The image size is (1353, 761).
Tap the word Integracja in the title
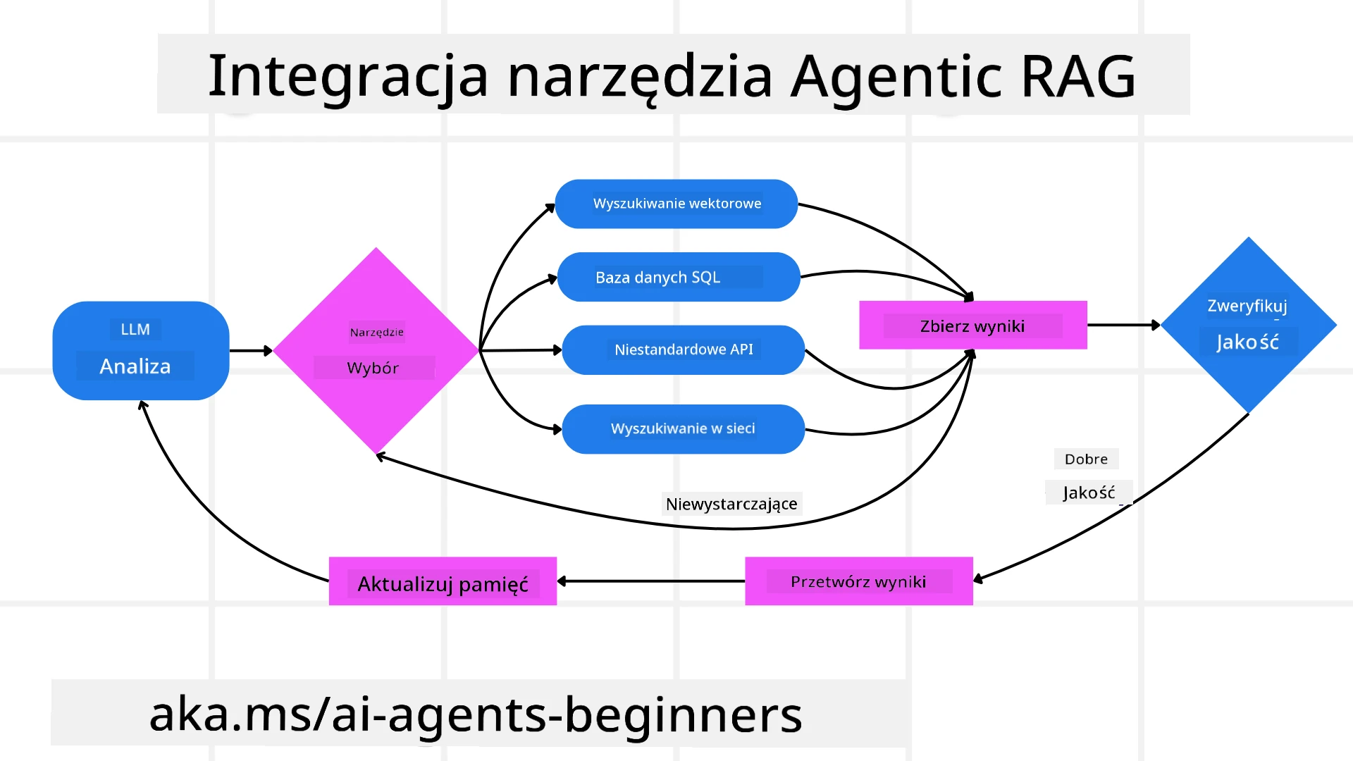click(348, 76)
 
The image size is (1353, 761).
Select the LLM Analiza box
click(141, 350)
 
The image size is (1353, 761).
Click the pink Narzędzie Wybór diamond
click(376, 350)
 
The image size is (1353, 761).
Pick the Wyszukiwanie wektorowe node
click(676, 204)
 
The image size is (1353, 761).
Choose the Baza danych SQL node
click(678, 277)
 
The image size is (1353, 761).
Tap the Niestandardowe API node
click(683, 349)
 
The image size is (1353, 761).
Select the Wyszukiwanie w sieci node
click(683, 428)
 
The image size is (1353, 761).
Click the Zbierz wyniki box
click(972, 326)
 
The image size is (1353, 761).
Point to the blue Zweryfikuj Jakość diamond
click(1248, 325)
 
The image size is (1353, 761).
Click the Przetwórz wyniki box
click(858, 581)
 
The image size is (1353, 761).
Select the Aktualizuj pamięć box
click(443, 582)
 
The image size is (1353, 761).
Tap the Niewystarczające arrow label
click(731, 504)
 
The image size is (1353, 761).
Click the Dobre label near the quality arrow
click(1086, 459)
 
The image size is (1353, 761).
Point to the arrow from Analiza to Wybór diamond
click(250, 350)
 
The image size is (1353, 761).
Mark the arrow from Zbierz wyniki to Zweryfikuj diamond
click(1123, 325)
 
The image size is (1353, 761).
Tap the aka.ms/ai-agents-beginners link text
click(476, 714)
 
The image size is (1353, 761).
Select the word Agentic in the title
click(896, 76)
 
